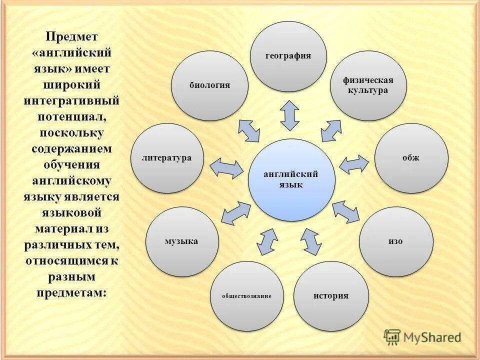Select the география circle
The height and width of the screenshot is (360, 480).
(x=288, y=56)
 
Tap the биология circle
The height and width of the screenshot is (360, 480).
(x=209, y=85)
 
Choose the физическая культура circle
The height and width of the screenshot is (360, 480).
(x=368, y=85)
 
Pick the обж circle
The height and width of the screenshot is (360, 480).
(x=411, y=158)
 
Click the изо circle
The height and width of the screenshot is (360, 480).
(x=396, y=241)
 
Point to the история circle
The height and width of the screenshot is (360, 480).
(x=331, y=296)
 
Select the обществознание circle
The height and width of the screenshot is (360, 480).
(x=247, y=296)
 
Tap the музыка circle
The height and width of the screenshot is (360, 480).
(x=182, y=241)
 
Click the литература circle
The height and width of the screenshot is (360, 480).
(x=167, y=158)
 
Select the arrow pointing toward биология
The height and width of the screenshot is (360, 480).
(x=249, y=130)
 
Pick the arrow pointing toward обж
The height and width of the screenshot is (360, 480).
(x=354, y=164)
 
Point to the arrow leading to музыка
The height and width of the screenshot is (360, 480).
(x=235, y=213)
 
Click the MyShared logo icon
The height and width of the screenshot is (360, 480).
(x=392, y=337)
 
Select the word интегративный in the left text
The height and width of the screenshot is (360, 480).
(x=71, y=100)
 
